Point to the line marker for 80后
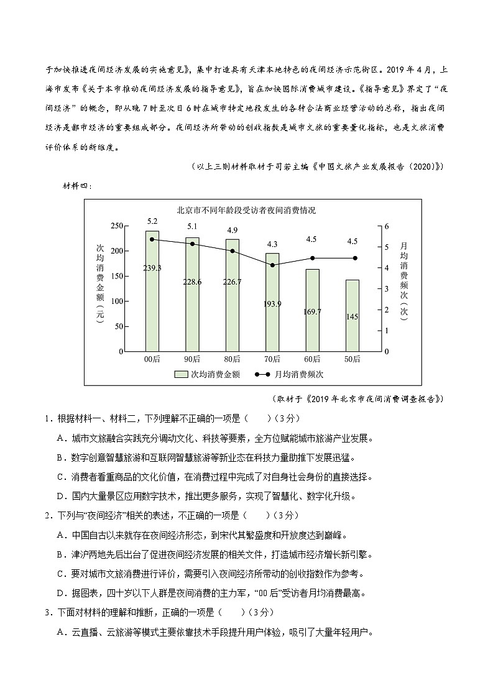(x=233, y=251)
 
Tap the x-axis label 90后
(x=192, y=359)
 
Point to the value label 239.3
(x=152, y=268)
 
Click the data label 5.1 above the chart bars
(x=192, y=226)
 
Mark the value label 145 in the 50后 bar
(x=352, y=317)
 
